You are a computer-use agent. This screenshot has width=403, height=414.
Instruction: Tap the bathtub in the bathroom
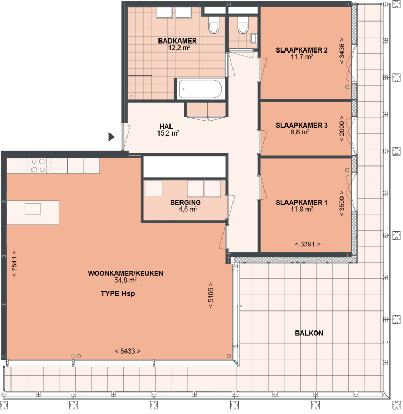coord(200,89)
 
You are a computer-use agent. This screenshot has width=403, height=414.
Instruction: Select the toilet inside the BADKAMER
coord(214,25)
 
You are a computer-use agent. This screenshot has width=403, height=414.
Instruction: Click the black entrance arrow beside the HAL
coord(111,137)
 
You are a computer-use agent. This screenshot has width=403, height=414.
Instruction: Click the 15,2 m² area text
coord(168,133)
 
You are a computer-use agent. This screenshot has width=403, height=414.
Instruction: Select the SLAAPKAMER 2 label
coord(301,50)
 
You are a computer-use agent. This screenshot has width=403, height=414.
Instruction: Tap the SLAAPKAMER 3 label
coord(301,125)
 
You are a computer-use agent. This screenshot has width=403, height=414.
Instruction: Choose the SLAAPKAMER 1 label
coord(301,202)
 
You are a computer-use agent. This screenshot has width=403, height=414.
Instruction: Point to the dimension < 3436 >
coord(342,51)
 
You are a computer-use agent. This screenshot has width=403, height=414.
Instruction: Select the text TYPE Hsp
coord(118,294)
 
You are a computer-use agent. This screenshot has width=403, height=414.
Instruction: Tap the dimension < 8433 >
coord(127,351)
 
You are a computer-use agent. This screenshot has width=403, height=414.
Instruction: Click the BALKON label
coord(309,333)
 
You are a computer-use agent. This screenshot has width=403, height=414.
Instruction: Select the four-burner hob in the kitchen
coord(38,165)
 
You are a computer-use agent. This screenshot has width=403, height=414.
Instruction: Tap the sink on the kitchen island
coord(33,210)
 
